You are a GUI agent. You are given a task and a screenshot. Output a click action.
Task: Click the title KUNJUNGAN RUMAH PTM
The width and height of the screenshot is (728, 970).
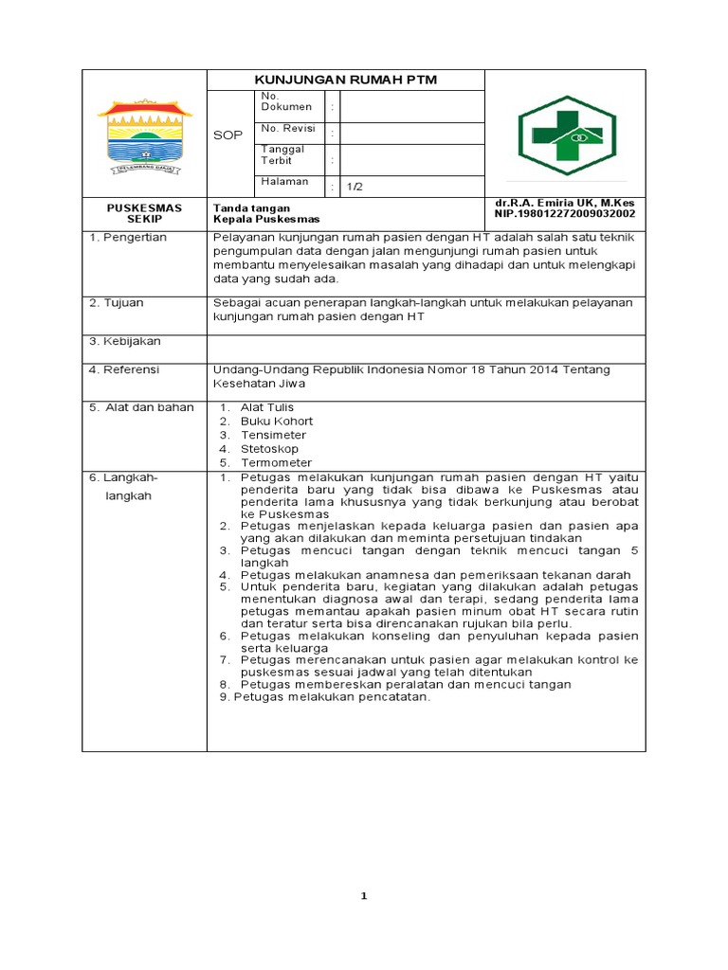(x=346, y=80)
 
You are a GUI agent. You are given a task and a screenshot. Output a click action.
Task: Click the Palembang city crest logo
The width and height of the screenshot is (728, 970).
(x=144, y=135)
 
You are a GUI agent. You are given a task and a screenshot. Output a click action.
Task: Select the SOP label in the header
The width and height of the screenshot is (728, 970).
(x=227, y=135)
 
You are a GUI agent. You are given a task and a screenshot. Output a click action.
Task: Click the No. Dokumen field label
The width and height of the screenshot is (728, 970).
(x=285, y=102)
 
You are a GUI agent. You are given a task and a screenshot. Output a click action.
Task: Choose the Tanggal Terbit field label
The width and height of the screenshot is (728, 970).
(x=282, y=154)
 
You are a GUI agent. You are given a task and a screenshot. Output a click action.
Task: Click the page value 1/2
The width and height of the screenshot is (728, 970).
(x=354, y=187)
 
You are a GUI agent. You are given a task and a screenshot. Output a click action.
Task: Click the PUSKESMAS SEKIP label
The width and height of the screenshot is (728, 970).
(x=144, y=212)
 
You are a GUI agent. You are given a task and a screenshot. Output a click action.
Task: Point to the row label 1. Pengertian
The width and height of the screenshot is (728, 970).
(x=128, y=237)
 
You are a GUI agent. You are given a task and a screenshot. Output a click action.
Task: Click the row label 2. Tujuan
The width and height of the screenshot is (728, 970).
(x=117, y=302)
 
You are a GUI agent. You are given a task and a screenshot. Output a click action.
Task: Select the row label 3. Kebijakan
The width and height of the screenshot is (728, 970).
(x=125, y=340)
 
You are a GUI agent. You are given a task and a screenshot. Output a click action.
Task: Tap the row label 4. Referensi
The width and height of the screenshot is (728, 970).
(x=124, y=368)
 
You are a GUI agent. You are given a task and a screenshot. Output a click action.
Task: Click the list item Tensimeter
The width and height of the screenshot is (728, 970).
(x=273, y=435)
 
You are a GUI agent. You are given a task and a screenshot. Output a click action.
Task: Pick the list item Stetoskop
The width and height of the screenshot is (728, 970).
(x=269, y=448)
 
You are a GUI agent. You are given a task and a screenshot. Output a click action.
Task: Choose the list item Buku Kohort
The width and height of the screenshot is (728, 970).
(x=276, y=421)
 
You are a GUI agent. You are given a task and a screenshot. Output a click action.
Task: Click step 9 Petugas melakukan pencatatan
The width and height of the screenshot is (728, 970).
(x=324, y=697)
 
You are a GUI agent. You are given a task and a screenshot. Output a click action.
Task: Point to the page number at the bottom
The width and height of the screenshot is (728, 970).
(x=363, y=896)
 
